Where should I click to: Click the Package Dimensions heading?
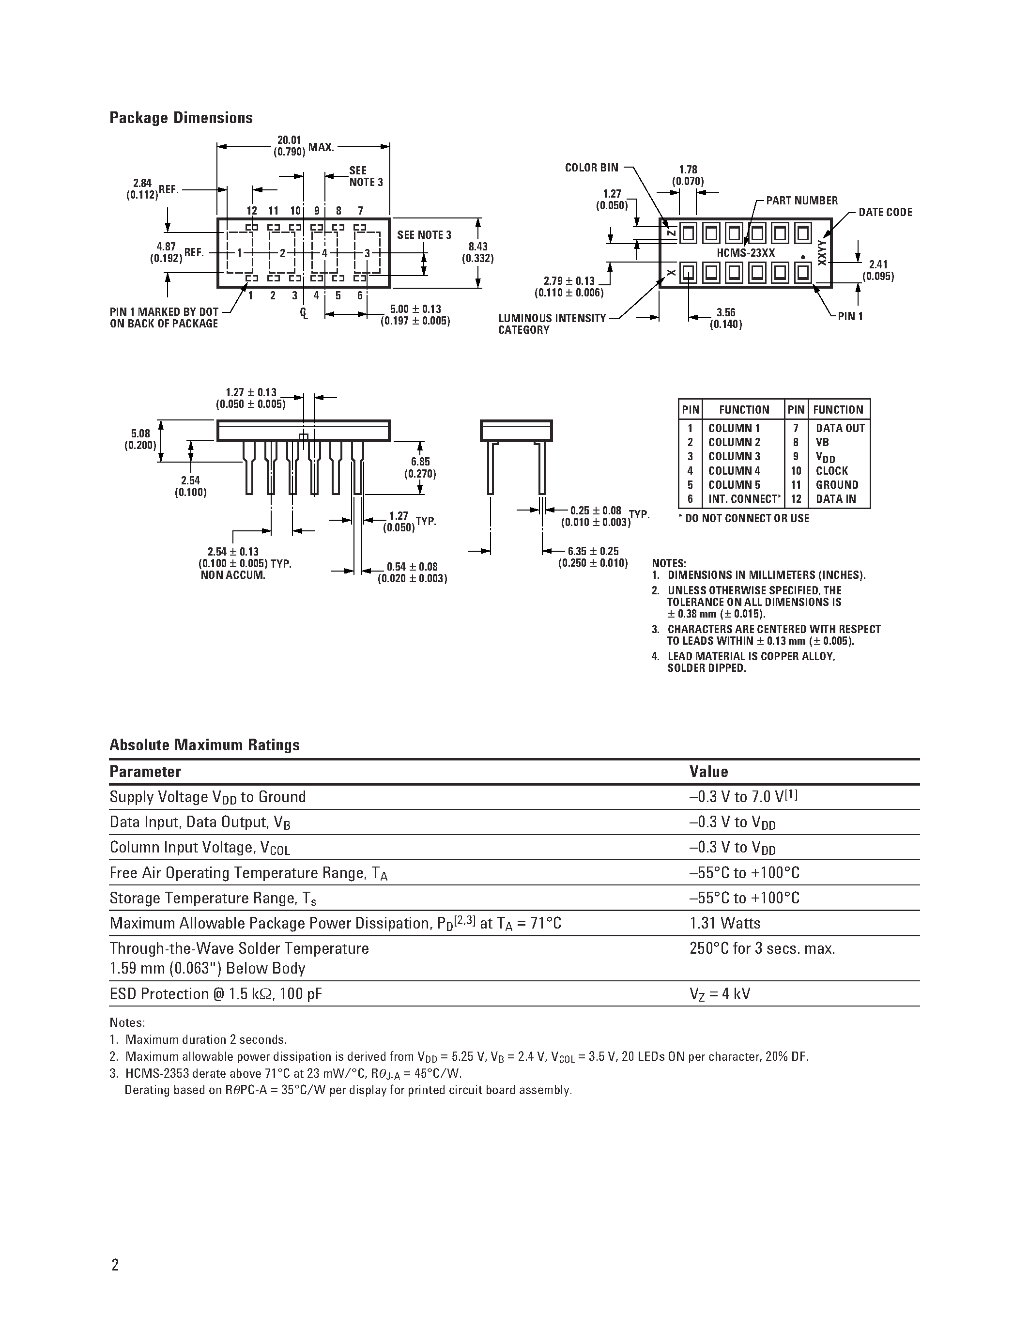tap(181, 118)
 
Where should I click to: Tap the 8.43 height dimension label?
tap(477, 252)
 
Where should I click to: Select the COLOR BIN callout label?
tap(591, 168)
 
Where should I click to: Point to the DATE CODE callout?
tap(885, 212)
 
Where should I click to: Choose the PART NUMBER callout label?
tap(801, 201)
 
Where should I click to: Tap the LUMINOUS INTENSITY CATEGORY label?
tap(552, 324)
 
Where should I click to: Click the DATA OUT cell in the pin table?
tap(840, 428)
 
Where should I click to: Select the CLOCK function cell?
tap(831, 471)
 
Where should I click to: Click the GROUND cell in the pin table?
tap(836, 485)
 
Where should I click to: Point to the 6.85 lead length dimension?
tap(420, 468)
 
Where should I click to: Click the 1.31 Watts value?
tap(725, 923)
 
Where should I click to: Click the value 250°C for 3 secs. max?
tap(762, 949)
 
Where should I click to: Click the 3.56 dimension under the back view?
tap(725, 318)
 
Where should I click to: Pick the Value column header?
tap(708, 772)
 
